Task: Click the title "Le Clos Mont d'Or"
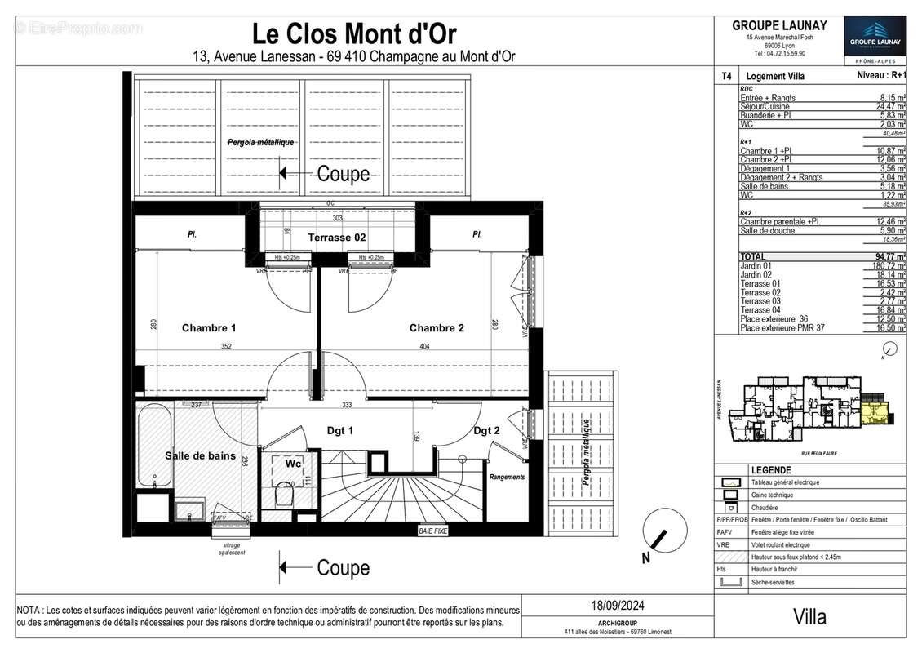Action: (354, 34)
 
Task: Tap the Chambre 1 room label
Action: (209, 328)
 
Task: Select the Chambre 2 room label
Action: (437, 328)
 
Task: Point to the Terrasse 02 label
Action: (336, 238)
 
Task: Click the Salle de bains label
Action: (200, 456)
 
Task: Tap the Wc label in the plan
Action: (292, 464)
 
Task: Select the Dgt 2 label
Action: (487, 431)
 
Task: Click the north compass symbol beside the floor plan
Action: (657, 540)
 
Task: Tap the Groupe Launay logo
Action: (874, 38)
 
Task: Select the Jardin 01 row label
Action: (756, 265)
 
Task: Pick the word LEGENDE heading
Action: (771, 470)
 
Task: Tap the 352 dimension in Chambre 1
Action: (226, 347)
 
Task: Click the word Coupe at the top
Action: (343, 174)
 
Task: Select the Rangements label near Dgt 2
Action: (507, 477)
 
